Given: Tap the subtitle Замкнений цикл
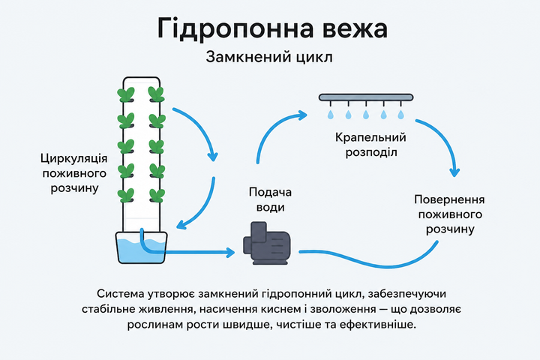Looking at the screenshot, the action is [x=269, y=57].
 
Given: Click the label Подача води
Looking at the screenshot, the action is [x=270, y=199].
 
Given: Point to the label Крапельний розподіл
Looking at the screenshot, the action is [x=371, y=145].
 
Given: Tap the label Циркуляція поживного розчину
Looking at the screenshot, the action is [x=74, y=173].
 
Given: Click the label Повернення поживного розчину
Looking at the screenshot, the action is [x=450, y=214].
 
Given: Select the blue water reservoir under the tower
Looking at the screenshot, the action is [x=142, y=248].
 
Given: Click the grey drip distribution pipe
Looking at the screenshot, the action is [x=366, y=97].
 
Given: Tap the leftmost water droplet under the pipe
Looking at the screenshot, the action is [x=331, y=115].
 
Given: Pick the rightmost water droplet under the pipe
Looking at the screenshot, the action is [x=400, y=115].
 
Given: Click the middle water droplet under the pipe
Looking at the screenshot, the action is [x=366, y=115].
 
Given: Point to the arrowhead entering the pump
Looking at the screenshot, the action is [x=231, y=253].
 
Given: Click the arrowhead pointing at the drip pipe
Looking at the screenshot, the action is [x=303, y=115].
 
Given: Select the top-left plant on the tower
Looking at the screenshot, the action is [x=126, y=94].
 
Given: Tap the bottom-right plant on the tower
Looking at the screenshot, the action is [x=157, y=195].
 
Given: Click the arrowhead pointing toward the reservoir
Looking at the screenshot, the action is [x=181, y=225].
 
